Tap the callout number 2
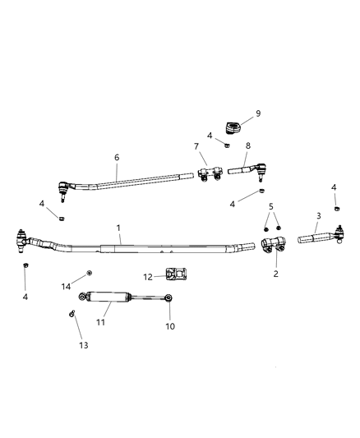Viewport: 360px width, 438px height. tap(275, 273)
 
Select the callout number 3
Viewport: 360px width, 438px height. tap(318, 216)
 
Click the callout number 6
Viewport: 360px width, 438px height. tap(117, 156)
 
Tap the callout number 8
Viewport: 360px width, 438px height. tap(247, 145)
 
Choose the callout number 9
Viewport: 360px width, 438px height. tap(257, 113)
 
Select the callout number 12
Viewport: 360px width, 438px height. tap(148, 276)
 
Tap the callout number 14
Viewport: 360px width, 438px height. tap(67, 285)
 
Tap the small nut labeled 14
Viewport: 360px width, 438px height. tap(89, 273)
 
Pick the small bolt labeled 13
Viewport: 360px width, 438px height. tap(72, 313)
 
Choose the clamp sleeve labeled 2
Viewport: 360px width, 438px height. tap(273, 245)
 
